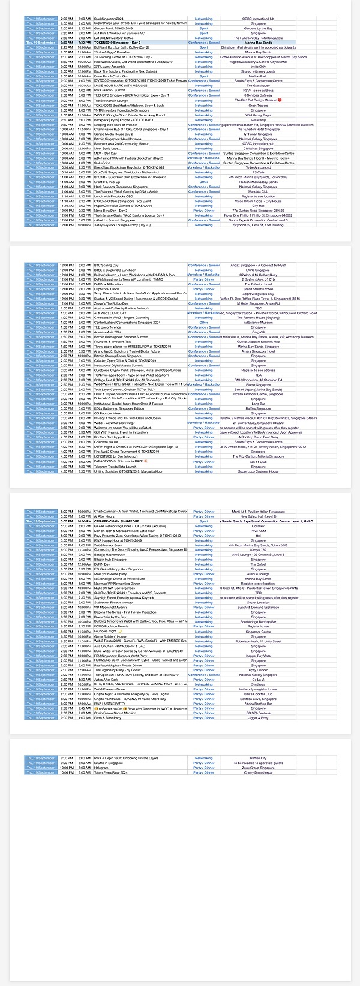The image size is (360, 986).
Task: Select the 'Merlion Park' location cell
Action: pyautogui.click(x=258, y=76)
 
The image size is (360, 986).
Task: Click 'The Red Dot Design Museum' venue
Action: pyautogui.click(x=258, y=100)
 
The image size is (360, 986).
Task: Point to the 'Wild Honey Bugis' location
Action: pyautogui.click(x=258, y=115)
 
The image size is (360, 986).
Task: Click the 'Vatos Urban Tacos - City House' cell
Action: pyautogui.click(x=258, y=201)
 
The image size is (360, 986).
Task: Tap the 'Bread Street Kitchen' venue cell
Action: pyautogui.click(x=258, y=289)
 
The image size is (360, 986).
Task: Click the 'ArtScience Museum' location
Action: pyautogui.click(x=258, y=323)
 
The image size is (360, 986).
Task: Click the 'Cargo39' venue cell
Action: pyautogui.click(x=258, y=332)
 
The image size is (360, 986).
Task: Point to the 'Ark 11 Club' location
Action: pyautogui.click(x=258, y=462)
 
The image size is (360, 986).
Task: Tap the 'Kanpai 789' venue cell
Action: pyautogui.click(x=258, y=550)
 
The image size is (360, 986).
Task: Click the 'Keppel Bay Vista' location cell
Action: pyautogui.click(x=258, y=656)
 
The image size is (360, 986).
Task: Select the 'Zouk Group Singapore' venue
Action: pyautogui.click(x=258, y=768)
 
